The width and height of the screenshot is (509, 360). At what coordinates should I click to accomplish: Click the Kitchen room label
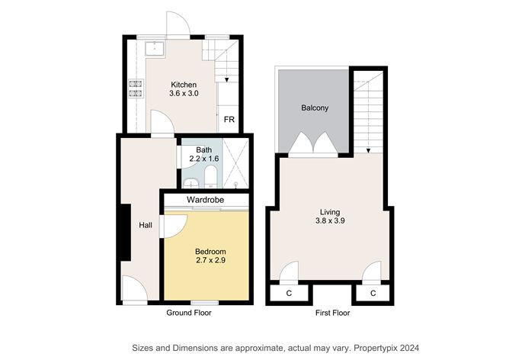(184, 85)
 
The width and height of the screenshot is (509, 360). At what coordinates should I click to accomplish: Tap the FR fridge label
(229, 120)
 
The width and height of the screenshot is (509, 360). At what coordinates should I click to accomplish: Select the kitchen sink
(155, 48)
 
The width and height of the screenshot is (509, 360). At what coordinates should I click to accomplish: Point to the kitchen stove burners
(136, 88)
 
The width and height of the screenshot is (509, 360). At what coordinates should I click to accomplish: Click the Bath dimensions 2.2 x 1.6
(204, 159)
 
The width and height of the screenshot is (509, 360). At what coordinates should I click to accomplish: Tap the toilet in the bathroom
(210, 176)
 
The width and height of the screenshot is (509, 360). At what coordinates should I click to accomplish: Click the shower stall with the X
(235, 163)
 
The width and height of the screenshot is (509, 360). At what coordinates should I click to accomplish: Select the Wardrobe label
(205, 200)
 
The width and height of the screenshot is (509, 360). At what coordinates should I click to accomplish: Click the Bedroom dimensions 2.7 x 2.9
(210, 260)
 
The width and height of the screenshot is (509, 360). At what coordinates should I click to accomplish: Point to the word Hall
(146, 225)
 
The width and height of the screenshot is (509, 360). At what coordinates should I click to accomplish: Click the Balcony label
(315, 108)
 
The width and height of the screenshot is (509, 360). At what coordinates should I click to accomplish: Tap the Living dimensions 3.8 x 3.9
(330, 221)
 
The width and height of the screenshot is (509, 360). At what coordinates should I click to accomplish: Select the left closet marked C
(289, 294)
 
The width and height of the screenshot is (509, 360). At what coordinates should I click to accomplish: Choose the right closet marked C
(373, 294)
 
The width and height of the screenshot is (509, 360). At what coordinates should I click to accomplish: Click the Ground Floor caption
(189, 313)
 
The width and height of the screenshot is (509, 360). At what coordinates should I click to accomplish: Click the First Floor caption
(332, 313)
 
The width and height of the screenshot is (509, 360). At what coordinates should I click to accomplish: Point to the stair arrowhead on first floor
(369, 150)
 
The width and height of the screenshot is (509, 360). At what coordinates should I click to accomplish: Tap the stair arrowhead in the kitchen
(226, 79)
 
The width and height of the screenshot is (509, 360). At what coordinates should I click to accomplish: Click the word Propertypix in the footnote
(375, 349)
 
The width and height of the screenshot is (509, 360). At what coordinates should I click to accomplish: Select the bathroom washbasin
(190, 184)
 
